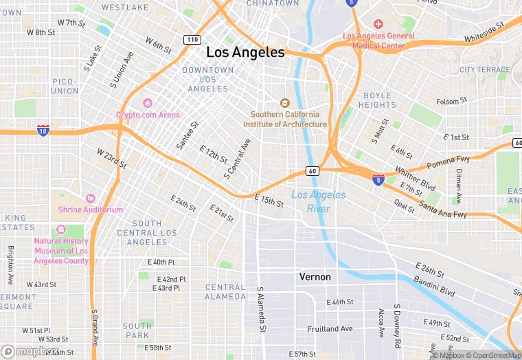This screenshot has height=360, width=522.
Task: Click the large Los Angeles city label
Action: (x=245, y=52)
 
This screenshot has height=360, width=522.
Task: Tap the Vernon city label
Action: (x=315, y=277)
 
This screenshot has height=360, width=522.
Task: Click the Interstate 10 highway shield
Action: (x=43, y=130)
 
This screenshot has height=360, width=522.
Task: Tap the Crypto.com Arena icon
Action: (x=147, y=103)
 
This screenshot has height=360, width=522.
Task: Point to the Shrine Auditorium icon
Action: (x=90, y=199)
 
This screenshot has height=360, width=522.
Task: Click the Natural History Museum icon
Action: (x=61, y=229)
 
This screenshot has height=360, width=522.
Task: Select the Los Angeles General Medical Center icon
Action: (x=378, y=24)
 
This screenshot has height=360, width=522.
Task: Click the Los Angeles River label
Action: (x=319, y=201)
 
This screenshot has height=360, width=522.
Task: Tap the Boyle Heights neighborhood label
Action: (x=377, y=100)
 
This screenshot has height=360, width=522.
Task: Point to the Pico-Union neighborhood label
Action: (x=65, y=86)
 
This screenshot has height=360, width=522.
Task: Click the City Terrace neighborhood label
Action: (x=485, y=70)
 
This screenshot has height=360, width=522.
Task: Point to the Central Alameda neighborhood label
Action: (x=225, y=292)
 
